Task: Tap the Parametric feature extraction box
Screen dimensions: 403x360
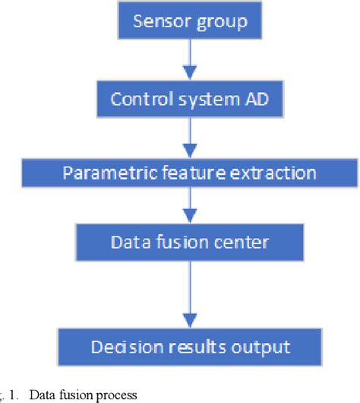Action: [x=190, y=173]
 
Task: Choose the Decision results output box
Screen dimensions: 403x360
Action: [x=190, y=347]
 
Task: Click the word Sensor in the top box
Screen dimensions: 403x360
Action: [x=157, y=21]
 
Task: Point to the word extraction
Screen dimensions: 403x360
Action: [x=276, y=173]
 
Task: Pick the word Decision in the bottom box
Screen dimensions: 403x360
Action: [x=122, y=347]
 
